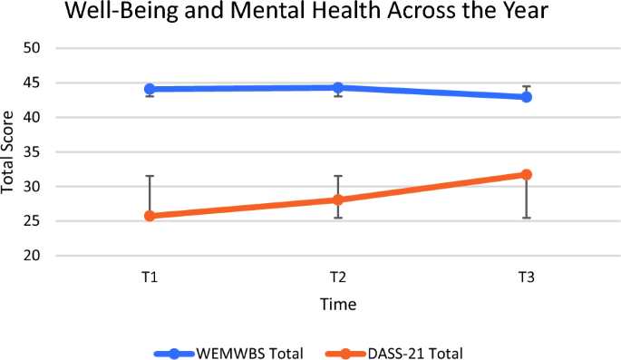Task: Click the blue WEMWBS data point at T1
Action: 150,89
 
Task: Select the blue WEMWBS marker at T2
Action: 337,88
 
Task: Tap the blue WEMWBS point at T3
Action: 526,96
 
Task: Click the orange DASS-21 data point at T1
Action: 150,216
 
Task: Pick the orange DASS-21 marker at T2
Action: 337,199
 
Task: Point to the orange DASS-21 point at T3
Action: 526,174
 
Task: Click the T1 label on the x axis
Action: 150,277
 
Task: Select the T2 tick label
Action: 337,277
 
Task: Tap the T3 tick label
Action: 526,277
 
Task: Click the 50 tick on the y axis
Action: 33,48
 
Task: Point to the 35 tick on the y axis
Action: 33,152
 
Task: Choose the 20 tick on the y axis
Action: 33,256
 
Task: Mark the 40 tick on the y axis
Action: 33,118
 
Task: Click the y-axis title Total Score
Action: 10,151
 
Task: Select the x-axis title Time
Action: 337,304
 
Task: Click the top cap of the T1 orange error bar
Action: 150,176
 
